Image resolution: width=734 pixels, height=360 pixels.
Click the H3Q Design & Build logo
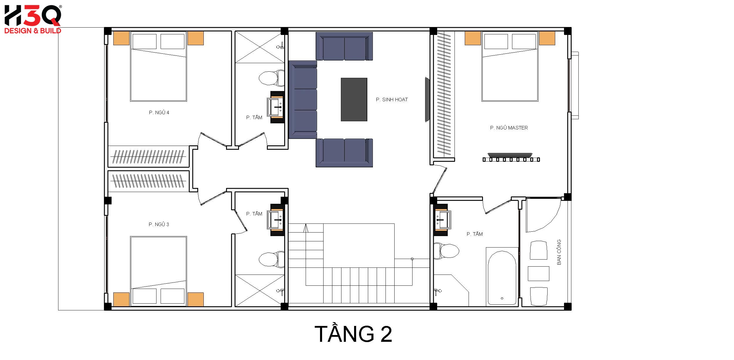pyautogui.click(x=33, y=19)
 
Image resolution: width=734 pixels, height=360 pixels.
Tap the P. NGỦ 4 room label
pyautogui.click(x=159, y=112)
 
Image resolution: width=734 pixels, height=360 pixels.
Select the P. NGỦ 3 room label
pyautogui.click(x=159, y=224)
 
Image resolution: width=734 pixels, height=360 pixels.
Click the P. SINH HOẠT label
pyautogui.click(x=392, y=100)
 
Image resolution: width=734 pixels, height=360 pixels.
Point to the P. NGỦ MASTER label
pyautogui.click(x=509, y=128)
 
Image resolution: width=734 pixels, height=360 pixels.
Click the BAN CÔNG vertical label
pyautogui.click(x=559, y=252)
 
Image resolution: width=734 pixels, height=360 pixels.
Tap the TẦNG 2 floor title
pyautogui.click(x=353, y=334)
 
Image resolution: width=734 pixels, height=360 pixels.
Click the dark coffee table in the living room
pyautogui.click(x=354, y=100)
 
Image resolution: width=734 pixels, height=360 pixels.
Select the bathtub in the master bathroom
pyautogui.click(x=502, y=277)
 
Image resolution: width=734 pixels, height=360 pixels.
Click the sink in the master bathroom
pyautogui.click(x=443, y=220)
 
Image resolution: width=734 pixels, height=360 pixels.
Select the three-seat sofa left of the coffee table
pyautogui.click(x=303, y=100)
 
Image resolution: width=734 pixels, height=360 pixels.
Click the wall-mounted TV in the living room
pyautogui.click(x=427, y=100)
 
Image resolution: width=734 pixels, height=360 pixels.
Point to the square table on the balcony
pyautogui.click(x=538, y=274)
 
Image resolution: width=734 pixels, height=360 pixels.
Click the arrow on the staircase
pyautogui.click(x=306, y=228)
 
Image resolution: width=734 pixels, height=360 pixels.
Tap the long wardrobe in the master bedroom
pyautogui.click(x=444, y=94)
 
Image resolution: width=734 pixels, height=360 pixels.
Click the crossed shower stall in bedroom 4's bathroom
pyautogui.click(x=260, y=47)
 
